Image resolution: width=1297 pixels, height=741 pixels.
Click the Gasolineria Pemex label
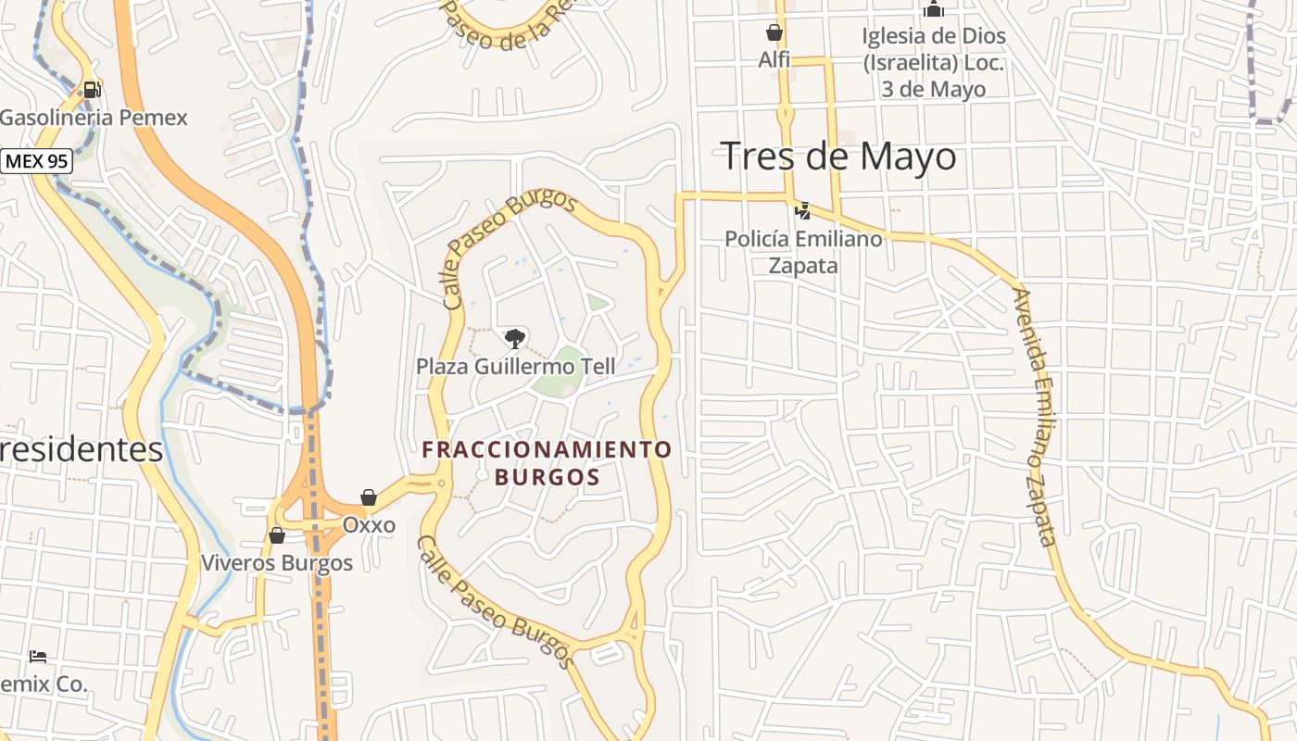pyautogui.click(x=94, y=118)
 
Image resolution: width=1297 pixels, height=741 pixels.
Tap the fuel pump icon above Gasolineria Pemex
pyautogui.click(x=92, y=90)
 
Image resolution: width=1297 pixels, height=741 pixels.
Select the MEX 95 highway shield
pyautogui.click(x=36, y=161)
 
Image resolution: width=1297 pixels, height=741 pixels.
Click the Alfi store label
pyautogui.click(x=774, y=60)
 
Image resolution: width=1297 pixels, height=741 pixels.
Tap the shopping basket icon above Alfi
pyautogui.click(x=774, y=33)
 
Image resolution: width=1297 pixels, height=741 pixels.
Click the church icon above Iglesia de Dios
pyautogui.click(x=933, y=10)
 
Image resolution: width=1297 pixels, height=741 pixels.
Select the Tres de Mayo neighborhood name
pyautogui.click(x=838, y=156)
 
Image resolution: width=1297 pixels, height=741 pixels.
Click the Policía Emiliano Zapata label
pyautogui.click(x=803, y=252)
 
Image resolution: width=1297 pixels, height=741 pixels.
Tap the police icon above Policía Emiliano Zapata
pyautogui.click(x=803, y=211)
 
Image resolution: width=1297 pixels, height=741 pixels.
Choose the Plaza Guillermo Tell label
pyautogui.click(x=515, y=366)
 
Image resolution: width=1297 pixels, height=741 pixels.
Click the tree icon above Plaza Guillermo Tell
pyautogui.click(x=514, y=338)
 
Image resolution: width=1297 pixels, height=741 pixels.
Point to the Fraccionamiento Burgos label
pyautogui.click(x=547, y=463)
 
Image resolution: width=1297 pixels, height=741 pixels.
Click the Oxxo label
pyautogui.click(x=369, y=525)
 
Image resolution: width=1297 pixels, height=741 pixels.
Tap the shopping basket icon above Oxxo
pyautogui.click(x=369, y=498)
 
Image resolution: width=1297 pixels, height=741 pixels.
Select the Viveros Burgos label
pyautogui.click(x=277, y=562)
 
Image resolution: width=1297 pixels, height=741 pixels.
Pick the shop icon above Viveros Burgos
pyautogui.click(x=276, y=535)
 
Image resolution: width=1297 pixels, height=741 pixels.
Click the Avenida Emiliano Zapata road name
pyautogui.click(x=1037, y=417)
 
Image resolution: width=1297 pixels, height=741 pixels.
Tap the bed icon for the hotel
pyautogui.click(x=38, y=657)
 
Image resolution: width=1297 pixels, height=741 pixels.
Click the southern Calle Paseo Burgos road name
pyautogui.click(x=493, y=602)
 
